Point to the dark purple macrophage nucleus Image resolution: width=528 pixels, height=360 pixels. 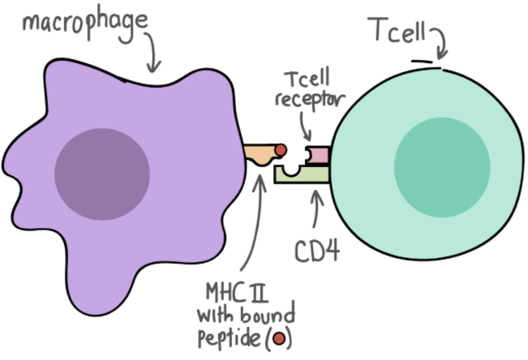(x=102, y=174)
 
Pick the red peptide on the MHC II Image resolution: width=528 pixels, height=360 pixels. (x=280, y=151)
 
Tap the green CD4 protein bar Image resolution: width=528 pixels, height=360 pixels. (x=302, y=172)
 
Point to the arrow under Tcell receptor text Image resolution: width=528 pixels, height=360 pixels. (x=303, y=126)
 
